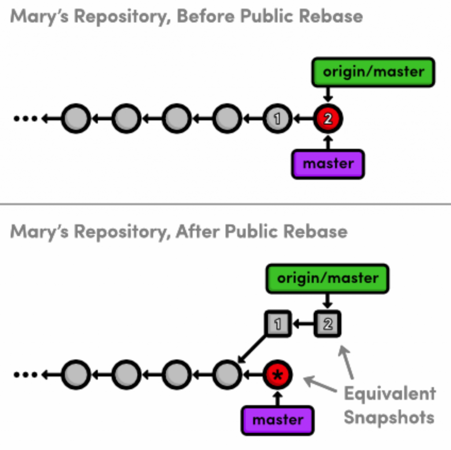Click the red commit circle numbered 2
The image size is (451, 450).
328,118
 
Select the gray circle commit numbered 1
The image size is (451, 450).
277,118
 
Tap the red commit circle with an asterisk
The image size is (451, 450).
277,375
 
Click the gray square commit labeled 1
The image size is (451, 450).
277,324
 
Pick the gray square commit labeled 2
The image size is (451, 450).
327,324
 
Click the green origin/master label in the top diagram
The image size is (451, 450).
373,72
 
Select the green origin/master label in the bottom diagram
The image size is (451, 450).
327,278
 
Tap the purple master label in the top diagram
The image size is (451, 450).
328,164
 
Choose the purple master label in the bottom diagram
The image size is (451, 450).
277,420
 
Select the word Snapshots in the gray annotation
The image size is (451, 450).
388,417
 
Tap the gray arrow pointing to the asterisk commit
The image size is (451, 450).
320,384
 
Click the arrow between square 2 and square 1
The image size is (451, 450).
303,324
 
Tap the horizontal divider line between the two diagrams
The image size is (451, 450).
225,204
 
